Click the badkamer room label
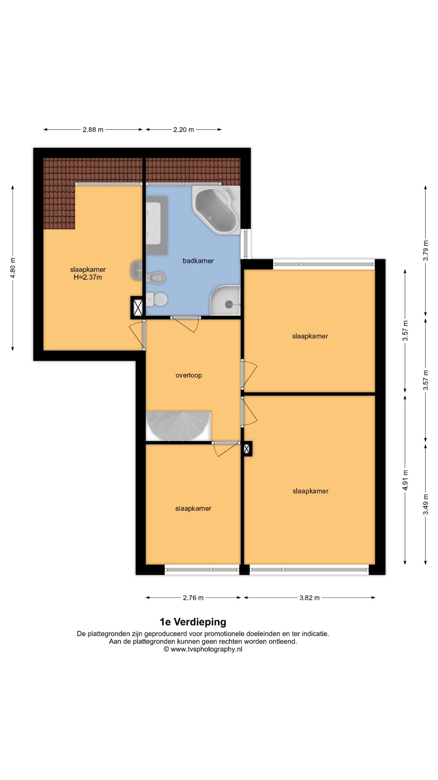(198, 261)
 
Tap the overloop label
(189, 375)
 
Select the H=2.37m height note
(88, 277)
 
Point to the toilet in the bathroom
(157, 299)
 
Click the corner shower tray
(225, 300)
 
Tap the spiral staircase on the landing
(178, 426)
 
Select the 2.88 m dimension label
(93, 130)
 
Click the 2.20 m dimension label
(183, 130)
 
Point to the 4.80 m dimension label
(13, 268)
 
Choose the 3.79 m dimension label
(425, 251)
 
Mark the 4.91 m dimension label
(405, 480)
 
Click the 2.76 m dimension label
(193, 598)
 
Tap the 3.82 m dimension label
(309, 598)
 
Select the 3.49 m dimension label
(425, 504)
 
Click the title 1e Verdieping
(193, 622)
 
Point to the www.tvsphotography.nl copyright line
(203, 649)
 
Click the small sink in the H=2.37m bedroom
(136, 270)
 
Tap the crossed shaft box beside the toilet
(137, 308)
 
